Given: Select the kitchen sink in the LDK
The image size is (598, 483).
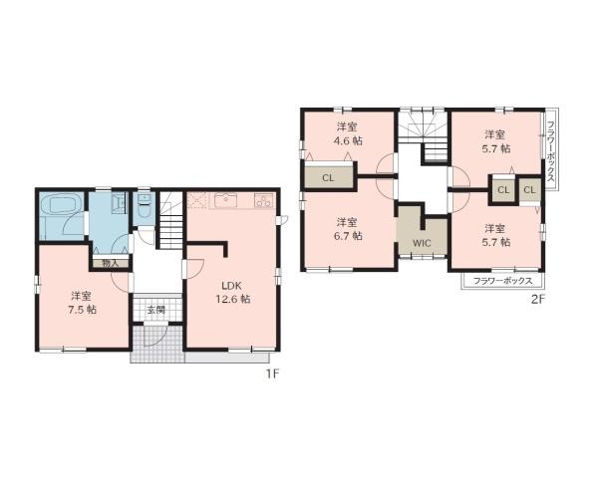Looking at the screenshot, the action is pyautogui.click(x=226, y=200).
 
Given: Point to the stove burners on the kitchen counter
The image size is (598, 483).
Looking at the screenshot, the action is pyautogui.click(x=263, y=200).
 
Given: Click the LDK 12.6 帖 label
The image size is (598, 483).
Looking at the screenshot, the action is pyautogui.click(x=232, y=293).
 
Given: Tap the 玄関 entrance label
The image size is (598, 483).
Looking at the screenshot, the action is pyautogui.click(x=156, y=310).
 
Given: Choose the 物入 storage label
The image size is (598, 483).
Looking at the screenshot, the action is pyautogui.click(x=111, y=263).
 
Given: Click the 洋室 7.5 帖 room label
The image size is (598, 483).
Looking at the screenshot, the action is pyautogui.click(x=82, y=303).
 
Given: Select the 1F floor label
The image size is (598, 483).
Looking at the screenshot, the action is pyautogui.click(x=273, y=374).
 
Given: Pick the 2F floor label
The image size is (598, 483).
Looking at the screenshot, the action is pyautogui.click(x=538, y=299).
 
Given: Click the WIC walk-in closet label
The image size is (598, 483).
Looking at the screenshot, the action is pyautogui.click(x=422, y=243).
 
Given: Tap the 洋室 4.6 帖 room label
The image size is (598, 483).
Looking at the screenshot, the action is pyautogui.click(x=348, y=133).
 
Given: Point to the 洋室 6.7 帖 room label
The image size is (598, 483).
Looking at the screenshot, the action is pyautogui.click(x=348, y=229).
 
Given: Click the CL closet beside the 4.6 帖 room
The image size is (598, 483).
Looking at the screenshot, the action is pyautogui.click(x=328, y=178).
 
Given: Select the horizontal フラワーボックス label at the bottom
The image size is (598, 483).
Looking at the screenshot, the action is pyautogui.click(x=502, y=281).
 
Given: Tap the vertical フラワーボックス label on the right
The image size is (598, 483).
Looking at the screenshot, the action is pyautogui.click(x=551, y=151).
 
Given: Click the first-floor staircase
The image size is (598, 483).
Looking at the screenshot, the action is pyautogui.click(x=170, y=220).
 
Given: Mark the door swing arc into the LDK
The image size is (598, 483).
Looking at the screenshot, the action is pyautogui.click(x=195, y=268).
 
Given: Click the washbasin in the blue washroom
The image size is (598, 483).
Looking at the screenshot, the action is pyautogui.click(x=118, y=201).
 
